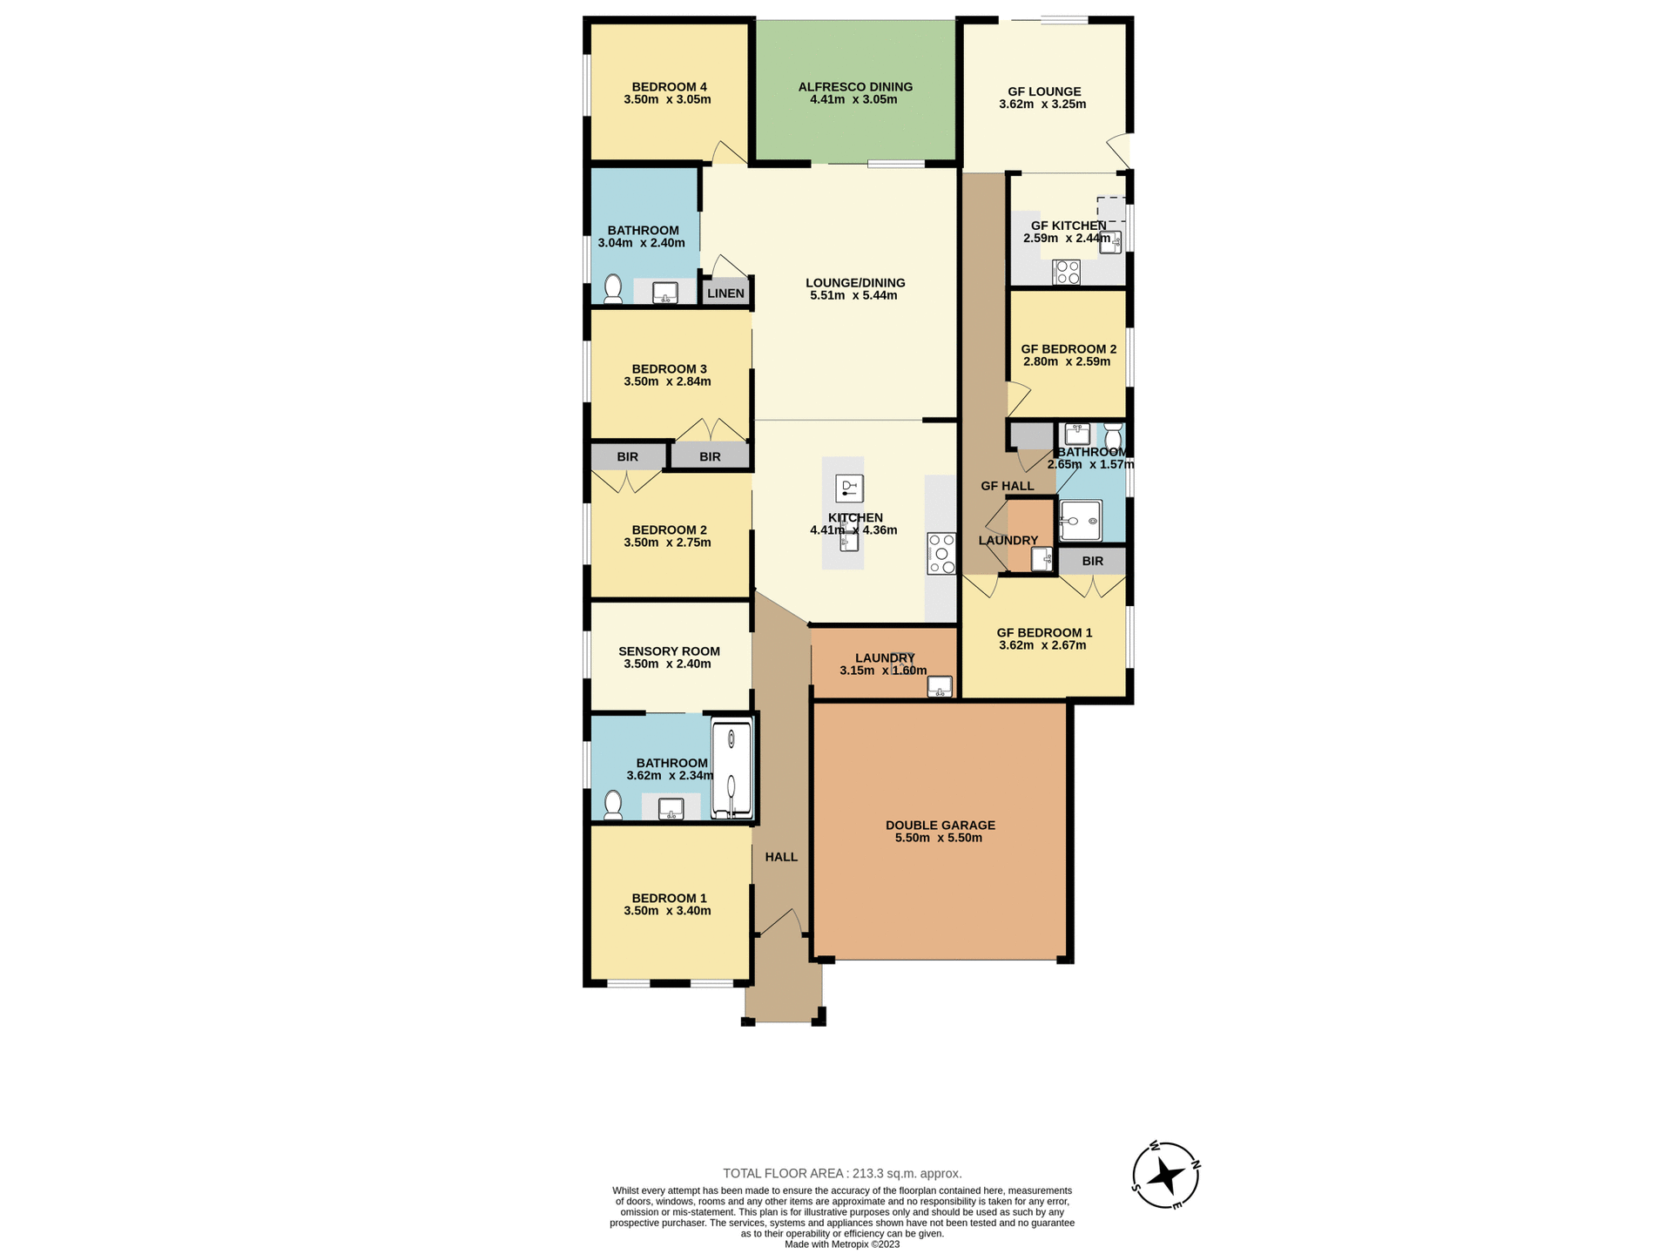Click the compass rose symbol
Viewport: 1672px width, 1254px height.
click(1165, 1176)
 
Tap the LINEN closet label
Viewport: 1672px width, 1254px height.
click(725, 293)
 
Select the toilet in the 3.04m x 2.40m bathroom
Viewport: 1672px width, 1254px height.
click(613, 289)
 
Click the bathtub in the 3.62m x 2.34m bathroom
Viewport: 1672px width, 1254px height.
click(731, 769)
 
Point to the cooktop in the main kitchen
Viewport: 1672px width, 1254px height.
click(941, 554)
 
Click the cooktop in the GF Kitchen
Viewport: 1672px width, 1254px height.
click(1067, 272)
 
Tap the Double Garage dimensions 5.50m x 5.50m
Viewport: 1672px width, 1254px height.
click(939, 838)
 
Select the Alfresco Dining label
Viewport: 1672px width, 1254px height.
click(855, 86)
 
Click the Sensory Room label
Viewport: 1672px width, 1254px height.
click(669, 651)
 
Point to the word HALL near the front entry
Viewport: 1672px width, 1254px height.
click(781, 857)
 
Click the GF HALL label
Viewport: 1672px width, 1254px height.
click(1007, 486)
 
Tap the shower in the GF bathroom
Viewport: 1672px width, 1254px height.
click(1080, 521)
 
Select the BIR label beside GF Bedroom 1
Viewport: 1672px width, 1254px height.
click(1092, 561)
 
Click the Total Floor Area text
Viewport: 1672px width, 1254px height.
click(842, 1173)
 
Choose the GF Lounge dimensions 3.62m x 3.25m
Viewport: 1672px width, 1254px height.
click(1042, 104)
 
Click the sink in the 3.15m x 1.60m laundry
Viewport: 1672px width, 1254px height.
click(940, 686)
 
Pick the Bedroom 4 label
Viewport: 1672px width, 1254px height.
click(669, 86)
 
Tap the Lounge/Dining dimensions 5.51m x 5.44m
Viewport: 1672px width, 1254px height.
click(853, 295)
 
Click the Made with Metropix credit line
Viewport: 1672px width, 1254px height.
click(842, 1244)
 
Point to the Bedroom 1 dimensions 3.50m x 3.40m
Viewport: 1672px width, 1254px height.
click(667, 911)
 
